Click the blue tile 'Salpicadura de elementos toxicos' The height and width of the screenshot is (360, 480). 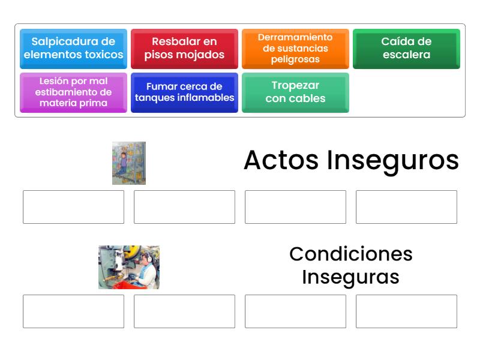(73, 49)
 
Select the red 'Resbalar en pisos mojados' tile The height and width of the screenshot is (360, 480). (184, 49)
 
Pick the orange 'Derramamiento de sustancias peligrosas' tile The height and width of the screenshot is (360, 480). (295, 49)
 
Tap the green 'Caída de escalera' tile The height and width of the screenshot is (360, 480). (406, 49)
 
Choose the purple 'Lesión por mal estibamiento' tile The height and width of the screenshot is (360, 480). (73, 92)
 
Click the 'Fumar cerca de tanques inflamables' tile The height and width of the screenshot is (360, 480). (184, 92)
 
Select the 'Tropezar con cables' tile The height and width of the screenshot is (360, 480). (295, 92)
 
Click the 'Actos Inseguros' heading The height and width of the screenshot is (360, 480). (351, 161)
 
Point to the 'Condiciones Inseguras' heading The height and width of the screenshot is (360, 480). (351, 265)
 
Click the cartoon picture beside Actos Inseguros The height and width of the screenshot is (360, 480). (129, 163)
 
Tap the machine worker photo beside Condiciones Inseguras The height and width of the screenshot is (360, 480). (129, 267)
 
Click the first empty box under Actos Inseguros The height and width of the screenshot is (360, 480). (73, 207)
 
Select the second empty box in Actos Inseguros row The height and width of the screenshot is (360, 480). (184, 207)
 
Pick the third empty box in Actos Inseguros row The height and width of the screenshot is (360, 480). (295, 207)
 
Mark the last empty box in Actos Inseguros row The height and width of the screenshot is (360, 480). (406, 207)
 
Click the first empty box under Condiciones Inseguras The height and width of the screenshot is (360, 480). (73, 311)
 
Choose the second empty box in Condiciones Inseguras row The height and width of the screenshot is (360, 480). (184, 311)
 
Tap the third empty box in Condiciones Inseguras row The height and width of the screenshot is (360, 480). (295, 311)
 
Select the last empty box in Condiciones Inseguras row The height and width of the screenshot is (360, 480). (406, 311)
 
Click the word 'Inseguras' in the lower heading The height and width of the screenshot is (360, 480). (351, 277)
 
